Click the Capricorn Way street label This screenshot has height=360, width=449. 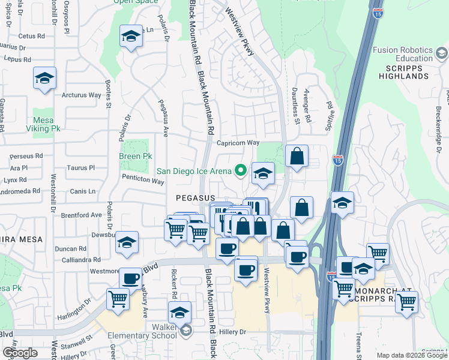pyautogui.click(x=238, y=143)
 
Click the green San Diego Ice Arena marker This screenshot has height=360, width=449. pyautogui.click(x=241, y=170)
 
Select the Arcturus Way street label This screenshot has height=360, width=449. pyautogui.click(x=82, y=95)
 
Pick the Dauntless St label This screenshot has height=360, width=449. pyautogui.click(x=297, y=111)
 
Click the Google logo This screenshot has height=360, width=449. pyautogui.click(x=19, y=353)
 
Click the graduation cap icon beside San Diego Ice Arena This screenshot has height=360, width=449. pyautogui.click(x=263, y=173)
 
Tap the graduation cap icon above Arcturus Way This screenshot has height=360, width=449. pyautogui.click(x=44, y=79)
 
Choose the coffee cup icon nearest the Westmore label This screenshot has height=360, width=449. pyautogui.click(x=130, y=278)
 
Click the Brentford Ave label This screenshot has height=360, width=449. pyautogui.click(x=80, y=215)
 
